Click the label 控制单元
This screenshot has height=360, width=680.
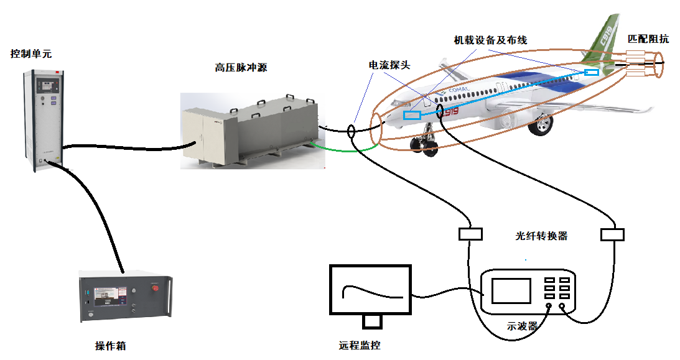pyautogui.click(x=31, y=54)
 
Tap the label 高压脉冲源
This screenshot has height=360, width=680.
pyautogui.click(x=241, y=68)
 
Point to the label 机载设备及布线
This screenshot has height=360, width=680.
pyautogui.click(x=491, y=40)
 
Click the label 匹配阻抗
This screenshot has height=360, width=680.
pyautogui.click(x=648, y=39)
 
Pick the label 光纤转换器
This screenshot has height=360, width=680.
pyautogui.click(x=541, y=236)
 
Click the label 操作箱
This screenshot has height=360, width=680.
pyautogui.click(x=110, y=346)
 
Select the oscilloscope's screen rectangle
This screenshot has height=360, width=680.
pyautogui.click(x=511, y=291)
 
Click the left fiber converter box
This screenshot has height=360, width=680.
pyautogui.click(x=470, y=234)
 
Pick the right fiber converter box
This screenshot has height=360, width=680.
pyautogui.click(x=612, y=234)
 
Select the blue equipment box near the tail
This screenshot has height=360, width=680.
pyautogui.click(x=592, y=72)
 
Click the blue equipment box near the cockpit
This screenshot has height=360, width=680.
pyautogui.click(x=411, y=115)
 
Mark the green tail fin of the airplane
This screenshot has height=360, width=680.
pyautogui.click(x=603, y=41)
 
